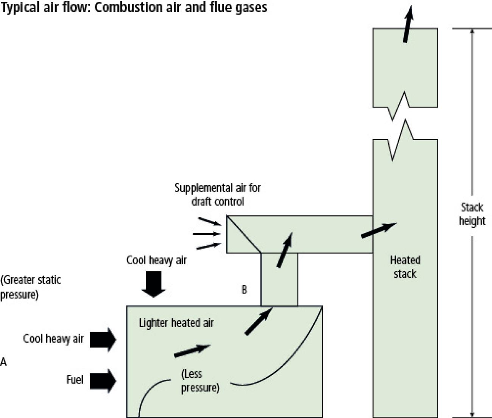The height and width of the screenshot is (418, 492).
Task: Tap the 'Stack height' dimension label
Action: [472, 214]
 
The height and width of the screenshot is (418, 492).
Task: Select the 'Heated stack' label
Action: [405, 267]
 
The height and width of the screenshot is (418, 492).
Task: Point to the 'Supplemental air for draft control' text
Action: [218, 194]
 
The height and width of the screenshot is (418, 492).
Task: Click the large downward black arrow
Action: [153, 284]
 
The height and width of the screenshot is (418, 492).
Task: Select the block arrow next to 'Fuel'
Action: [103, 381]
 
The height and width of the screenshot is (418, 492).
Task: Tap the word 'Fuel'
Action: [75, 379]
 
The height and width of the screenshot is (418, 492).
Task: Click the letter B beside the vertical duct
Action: [244, 290]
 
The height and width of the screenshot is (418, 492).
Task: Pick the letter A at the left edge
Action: [3, 362]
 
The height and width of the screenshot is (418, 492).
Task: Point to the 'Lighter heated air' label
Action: [176, 323]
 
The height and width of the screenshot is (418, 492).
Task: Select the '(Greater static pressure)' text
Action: [30, 287]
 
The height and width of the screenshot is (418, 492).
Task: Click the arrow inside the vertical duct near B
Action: [284, 250]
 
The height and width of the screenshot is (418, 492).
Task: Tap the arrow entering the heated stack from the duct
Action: [378, 230]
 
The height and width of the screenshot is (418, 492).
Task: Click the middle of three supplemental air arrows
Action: [206, 234]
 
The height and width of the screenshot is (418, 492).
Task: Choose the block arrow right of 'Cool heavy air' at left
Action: [103, 340]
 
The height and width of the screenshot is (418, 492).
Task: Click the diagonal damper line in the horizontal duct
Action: [244, 234]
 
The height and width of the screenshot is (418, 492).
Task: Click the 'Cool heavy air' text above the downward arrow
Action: [156, 260]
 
